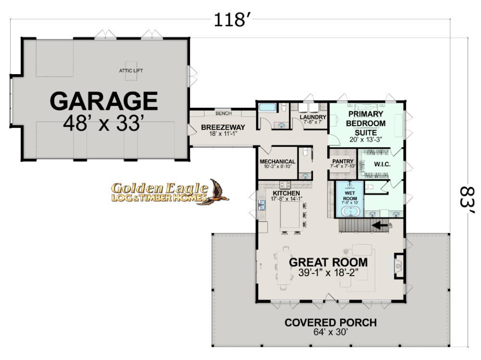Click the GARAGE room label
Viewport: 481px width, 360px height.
pos(104,101)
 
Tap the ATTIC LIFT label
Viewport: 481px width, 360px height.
pos(131,71)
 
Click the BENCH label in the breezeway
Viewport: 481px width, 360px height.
pos(224,113)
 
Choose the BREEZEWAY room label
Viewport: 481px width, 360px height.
pos(223,127)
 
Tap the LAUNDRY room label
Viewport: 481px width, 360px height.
pos(313,117)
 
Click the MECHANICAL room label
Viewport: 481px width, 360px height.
pos(278,161)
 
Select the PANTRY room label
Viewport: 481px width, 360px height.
pos(343,161)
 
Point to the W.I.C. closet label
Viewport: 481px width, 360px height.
pos(382,164)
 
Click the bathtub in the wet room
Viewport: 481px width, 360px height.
pos(350,212)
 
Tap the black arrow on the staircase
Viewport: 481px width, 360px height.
pos(380,226)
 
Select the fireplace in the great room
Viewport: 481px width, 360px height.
pos(399,266)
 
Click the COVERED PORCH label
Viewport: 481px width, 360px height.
pos(330,322)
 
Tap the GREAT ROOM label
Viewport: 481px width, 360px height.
pos(328,262)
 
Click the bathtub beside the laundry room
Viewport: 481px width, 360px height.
pos(267,107)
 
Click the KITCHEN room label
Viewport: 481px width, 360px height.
pos(286,193)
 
